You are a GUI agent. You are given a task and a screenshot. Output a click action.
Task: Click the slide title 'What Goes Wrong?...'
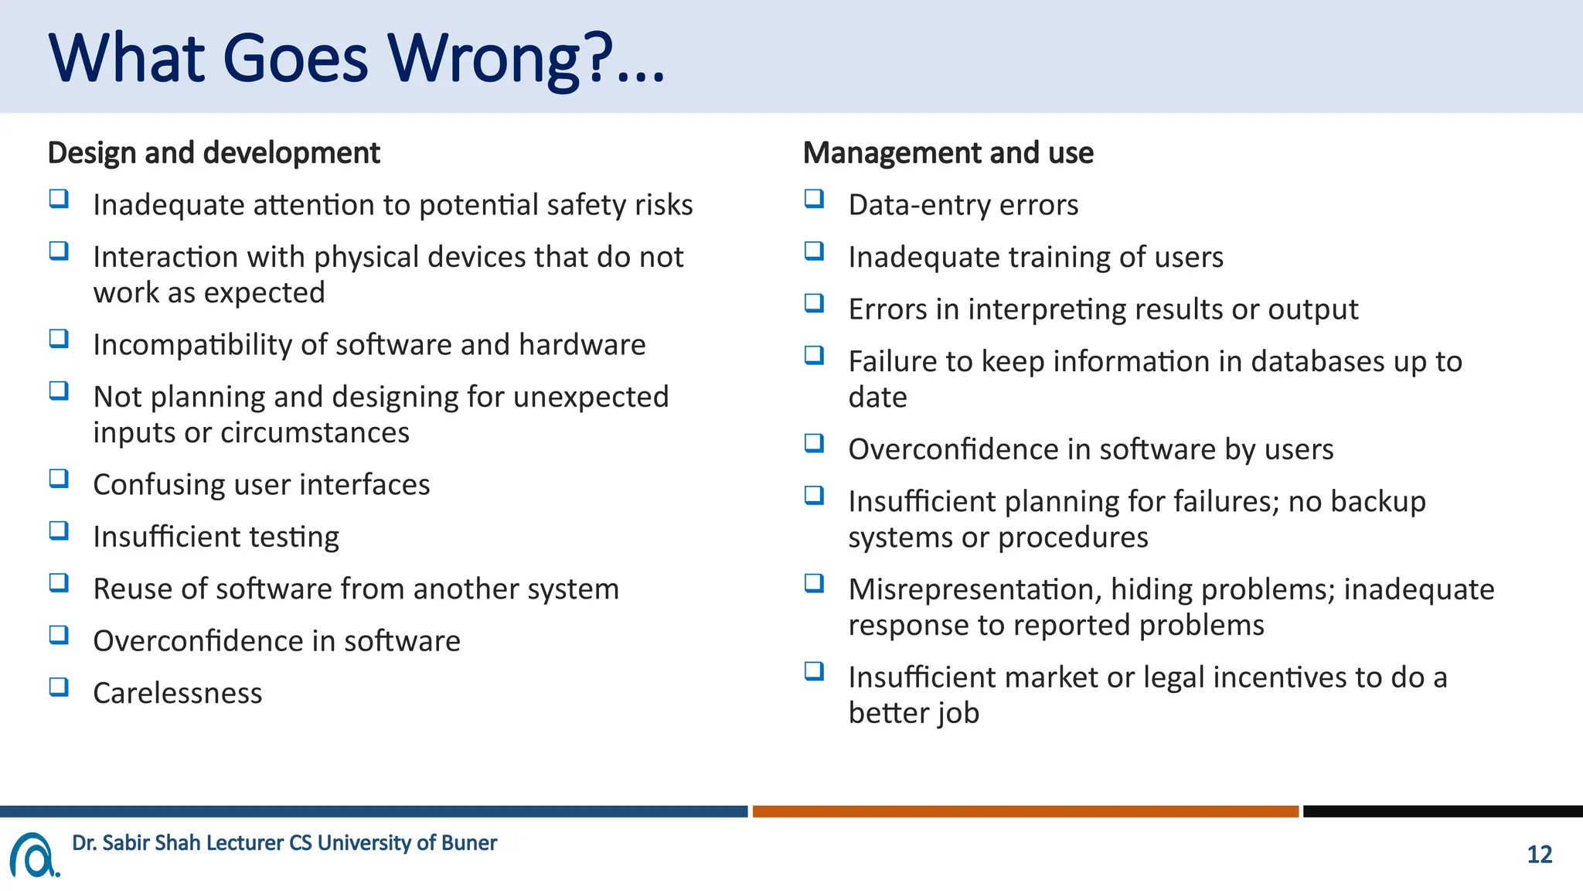pyautogui.click(x=356, y=60)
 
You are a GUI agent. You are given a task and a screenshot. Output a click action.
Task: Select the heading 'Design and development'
pyautogui.click(x=214, y=153)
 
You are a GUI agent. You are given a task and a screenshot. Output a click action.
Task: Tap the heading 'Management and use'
pyautogui.click(x=948, y=153)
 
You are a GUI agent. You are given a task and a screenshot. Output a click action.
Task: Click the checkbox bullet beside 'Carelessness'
pyautogui.click(x=60, y=687)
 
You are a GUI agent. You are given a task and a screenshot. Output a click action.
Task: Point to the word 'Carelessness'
pyautogui.click(x=178, y=693)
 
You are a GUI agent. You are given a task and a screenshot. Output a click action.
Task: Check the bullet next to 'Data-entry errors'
pyautogui.click(x=815, y=199)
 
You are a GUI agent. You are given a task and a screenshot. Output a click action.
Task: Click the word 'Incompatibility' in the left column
pyautogui.click(x=192, y=345)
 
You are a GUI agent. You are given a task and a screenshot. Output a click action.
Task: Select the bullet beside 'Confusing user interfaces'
pyautogui.click(x=60, y=478)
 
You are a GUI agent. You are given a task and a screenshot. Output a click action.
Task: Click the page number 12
pyautogui.click(x=1540, y=855)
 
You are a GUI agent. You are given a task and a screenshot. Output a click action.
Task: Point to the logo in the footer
pyautogui.click(x=35, y=855)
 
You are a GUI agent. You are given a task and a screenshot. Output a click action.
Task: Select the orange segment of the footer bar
pyautogui.click(x=1026, y=811)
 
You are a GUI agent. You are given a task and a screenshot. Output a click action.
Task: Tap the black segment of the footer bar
pyautogui.click(x=1443, y=811)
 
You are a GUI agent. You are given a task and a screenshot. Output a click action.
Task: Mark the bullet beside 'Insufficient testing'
pyautogui.click(x=60, y=531)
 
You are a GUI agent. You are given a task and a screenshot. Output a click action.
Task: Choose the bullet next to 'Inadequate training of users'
pyautogui.click(x=815, y=251)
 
